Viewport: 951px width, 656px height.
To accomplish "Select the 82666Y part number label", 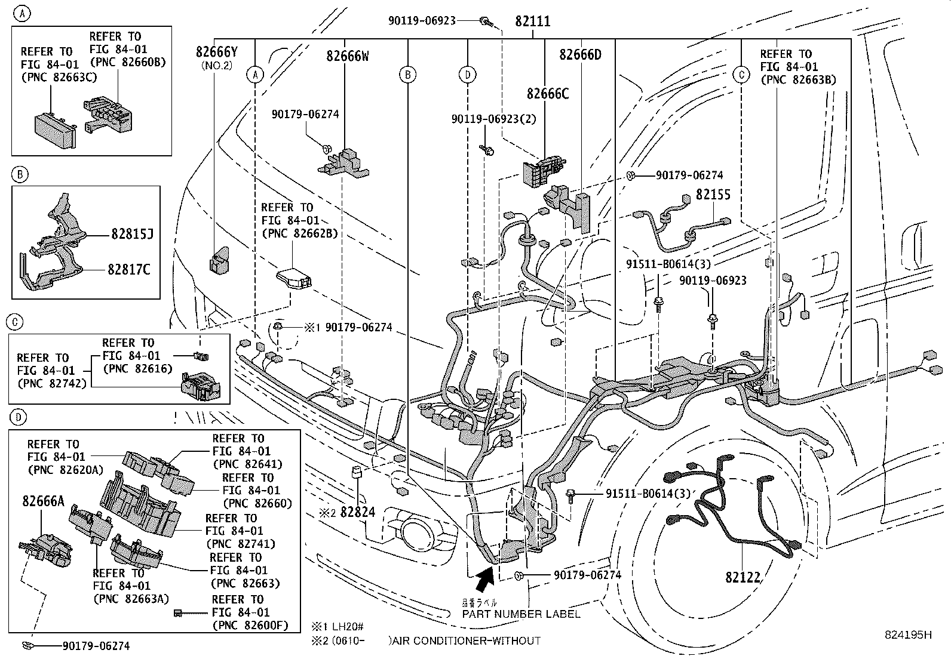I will (x=216, y=52).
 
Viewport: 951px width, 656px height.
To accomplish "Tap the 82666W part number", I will (x=347, y=56).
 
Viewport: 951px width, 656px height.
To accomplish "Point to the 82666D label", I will (x=580, y=55).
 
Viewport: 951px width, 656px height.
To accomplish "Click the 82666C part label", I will (x=547, y=94).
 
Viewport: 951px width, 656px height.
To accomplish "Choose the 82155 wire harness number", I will (x=713, y=195).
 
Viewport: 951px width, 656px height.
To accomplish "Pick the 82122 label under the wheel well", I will (x=743, y=577).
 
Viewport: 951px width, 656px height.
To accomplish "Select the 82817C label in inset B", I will (x=129, y=270).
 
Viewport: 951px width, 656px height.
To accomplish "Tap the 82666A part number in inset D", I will (x=43, y=501).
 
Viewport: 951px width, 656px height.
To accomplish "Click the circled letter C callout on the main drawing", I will (x=741, y=75).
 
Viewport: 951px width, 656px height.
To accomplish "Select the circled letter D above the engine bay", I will (x=467, y=75).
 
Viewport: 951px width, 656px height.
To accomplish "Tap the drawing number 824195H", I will (x=908, y=635).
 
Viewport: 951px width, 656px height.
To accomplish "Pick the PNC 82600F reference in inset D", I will (x=250, y=626).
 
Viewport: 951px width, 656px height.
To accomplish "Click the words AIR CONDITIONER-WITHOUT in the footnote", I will (x=465, y=641).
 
